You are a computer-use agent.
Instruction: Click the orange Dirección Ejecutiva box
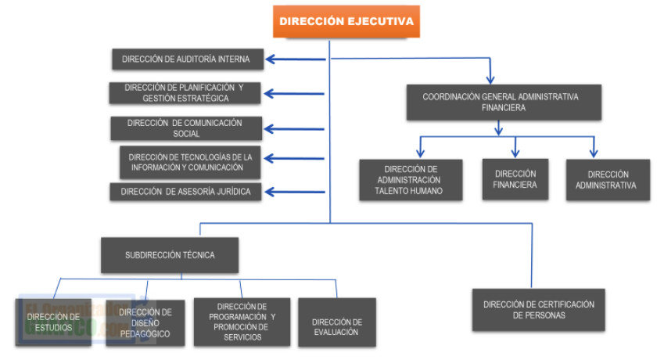tap(346, 21)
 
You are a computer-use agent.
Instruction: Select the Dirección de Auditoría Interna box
tap(185, 59)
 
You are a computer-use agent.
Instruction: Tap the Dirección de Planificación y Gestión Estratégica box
tap(185, 93)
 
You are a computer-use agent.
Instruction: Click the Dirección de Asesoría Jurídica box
tap(185, 192)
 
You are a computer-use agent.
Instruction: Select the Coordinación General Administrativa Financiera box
tap(504, 102)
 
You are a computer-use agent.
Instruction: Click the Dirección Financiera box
tap(515, 179)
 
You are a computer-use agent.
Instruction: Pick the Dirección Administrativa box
tap(607, 180)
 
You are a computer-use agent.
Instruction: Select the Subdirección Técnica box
tap(170, 255)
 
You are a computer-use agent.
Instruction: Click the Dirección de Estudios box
tap(53, 322)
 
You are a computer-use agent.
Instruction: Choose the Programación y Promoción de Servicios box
tap(242, 322)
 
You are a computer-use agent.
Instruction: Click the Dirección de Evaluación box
tap(336, 322)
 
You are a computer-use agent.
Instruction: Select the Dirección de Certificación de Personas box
tap(539, 309)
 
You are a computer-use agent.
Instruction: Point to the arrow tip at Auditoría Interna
tap(269, 59)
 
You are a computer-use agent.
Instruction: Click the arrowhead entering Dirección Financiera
tap(515, 154)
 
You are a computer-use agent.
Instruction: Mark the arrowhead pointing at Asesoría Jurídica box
tap(269, 192)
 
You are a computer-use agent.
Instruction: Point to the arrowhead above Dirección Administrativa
tap(594, 154)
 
